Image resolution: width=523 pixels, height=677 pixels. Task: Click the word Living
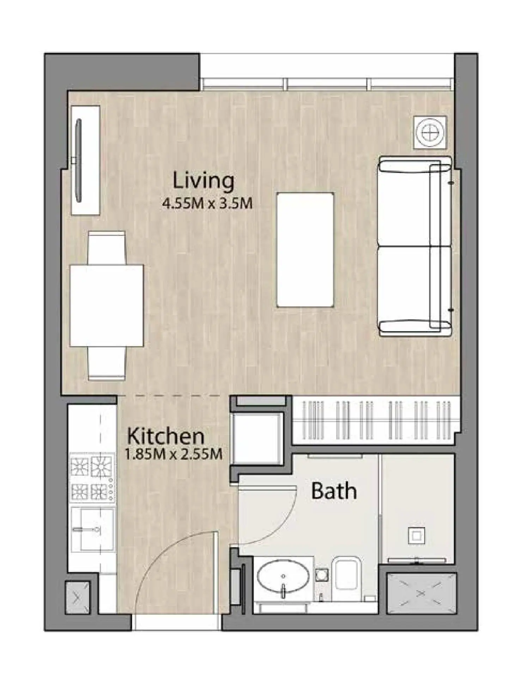(203, 181)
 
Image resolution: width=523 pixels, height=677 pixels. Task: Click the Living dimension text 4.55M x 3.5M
(207, 204)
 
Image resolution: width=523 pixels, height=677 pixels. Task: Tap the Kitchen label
(166, 436)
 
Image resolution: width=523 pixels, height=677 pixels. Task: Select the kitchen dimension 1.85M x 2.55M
(174, 454)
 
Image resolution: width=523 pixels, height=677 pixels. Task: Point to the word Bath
(334, 491)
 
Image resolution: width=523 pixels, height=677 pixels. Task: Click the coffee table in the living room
(305, 250)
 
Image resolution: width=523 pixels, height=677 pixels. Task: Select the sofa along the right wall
(415, 246)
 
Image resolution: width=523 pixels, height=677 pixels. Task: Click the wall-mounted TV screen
(79, 161)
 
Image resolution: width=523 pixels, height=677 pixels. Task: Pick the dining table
(107, 306)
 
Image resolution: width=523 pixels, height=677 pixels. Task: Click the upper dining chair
(107, 248)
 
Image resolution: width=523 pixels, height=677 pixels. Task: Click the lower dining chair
(107, 364)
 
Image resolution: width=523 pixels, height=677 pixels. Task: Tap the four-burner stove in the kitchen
(92, 478)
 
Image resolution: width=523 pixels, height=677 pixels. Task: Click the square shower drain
(416, 536)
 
